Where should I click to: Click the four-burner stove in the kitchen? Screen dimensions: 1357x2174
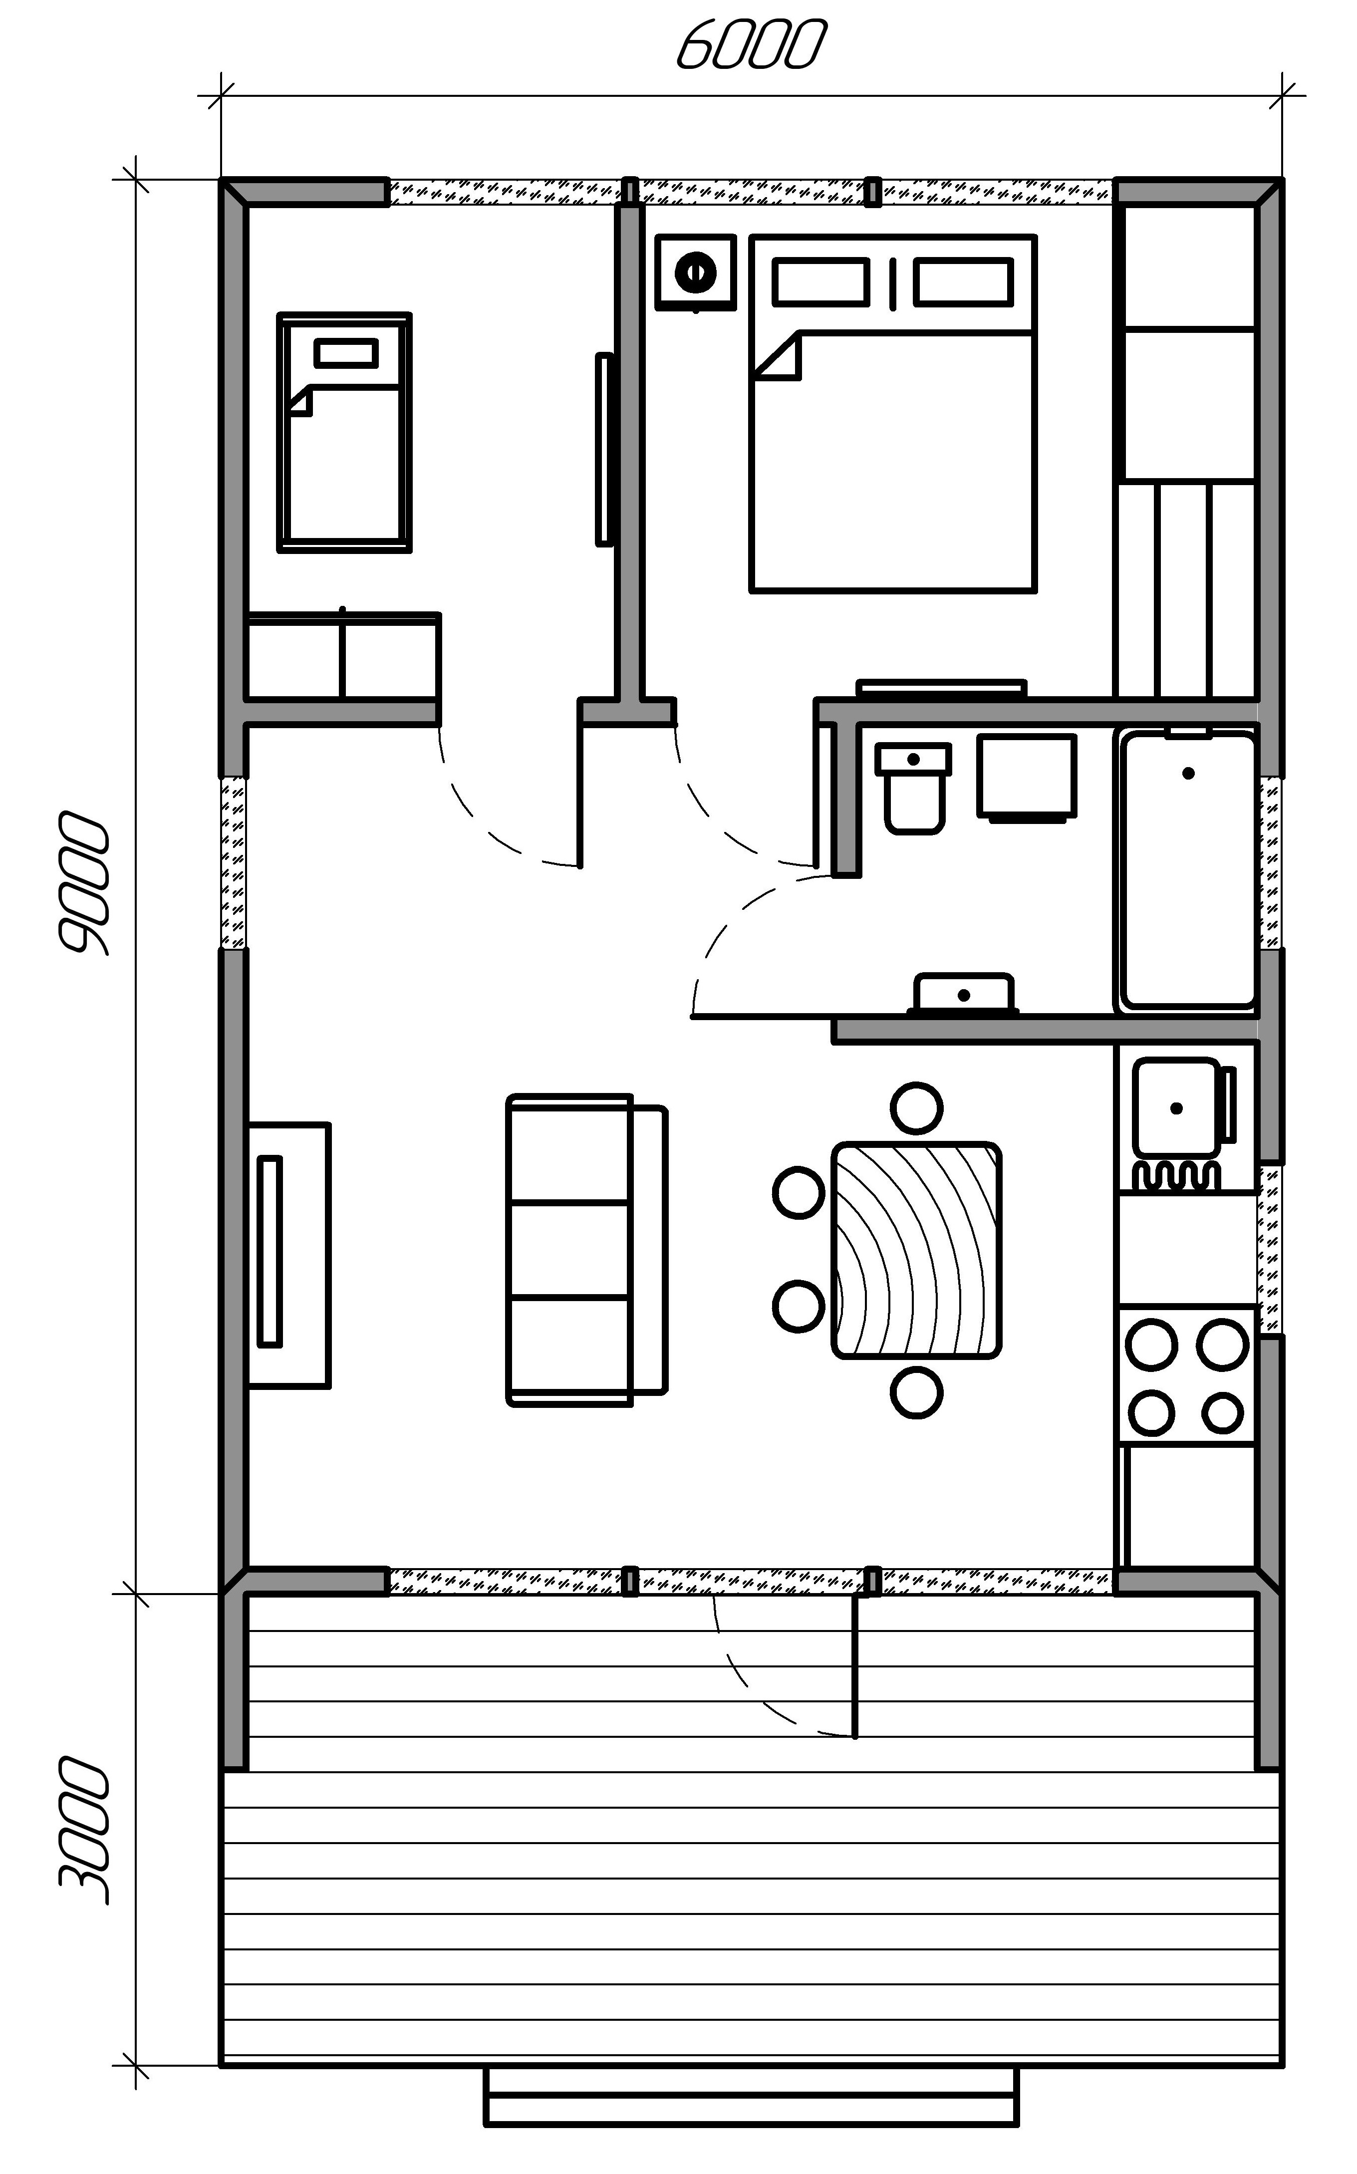1186,1375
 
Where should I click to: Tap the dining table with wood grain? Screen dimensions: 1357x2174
916,1250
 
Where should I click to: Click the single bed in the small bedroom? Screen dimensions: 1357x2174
345,433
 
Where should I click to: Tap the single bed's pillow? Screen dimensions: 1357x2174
345,353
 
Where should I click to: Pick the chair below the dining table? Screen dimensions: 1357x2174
916,1392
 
